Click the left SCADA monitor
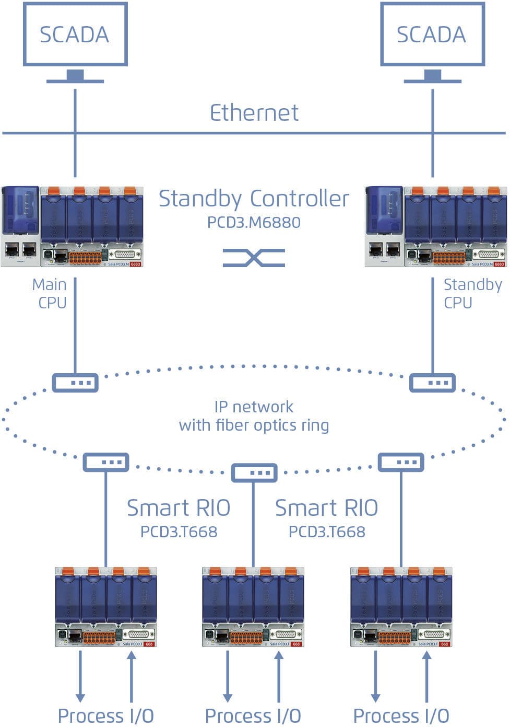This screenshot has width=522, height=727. [x=75, y=34]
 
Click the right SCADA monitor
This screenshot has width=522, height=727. [x=432, y=34]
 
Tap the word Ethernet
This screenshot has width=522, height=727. [x=254, y=113]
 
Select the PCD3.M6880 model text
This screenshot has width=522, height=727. [x=254, y=222]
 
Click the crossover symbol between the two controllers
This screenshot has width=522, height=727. [x=254, y=258]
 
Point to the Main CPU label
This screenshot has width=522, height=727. [x=50, y=293]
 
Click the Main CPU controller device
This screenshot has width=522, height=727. [x=72, y=226]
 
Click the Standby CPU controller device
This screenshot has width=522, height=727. [x=436, y=226]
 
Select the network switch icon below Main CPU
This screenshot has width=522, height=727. [x=75, y=383]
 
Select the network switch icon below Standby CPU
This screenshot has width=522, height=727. [x=432, y=383]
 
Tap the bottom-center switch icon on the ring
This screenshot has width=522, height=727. [x=254, y=472]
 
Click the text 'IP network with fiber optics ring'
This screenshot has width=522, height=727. [x=254, y=416]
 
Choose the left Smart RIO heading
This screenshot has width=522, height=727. [x=179, y=508]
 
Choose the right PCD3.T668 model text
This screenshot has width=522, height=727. [x=327, y=532]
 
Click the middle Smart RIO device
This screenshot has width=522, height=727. [x=253, y=607]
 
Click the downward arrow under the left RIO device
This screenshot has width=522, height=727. [x=80, y=676]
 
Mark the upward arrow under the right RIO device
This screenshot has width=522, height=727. [x=426, y=676]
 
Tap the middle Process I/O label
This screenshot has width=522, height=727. [x=253, y=716]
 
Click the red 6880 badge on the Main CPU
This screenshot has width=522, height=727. [x=136, y=264]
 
